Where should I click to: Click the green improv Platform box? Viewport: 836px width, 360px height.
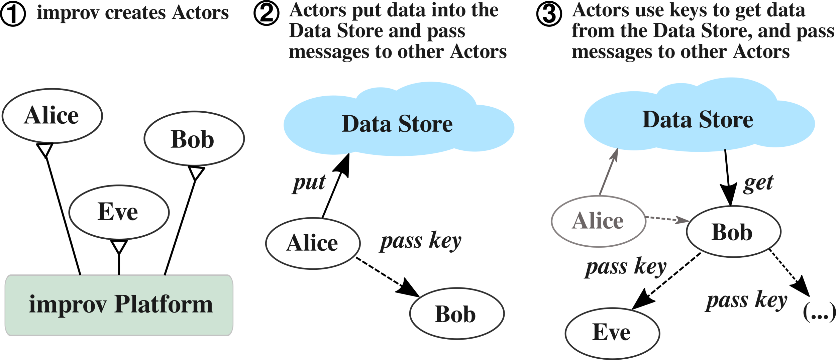tap(119, 305)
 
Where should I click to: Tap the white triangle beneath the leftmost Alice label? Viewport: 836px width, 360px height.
tap(45, 149)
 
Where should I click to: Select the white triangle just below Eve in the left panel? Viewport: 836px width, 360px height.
tap(119, 246)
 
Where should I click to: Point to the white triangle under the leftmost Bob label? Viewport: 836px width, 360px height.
tap(196, 172)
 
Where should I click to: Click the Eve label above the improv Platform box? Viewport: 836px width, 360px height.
tap(118, 212)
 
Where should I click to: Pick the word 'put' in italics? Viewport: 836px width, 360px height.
tap(309, 183)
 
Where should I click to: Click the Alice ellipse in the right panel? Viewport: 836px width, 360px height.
tap(598, 221)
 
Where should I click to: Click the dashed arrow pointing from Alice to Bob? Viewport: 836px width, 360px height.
tap(667, 219)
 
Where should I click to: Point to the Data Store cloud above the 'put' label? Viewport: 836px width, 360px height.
tap(398, 124)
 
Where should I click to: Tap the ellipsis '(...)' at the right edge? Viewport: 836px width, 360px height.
tap(819, 312)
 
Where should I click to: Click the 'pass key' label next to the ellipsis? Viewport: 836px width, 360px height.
tap(746, 301)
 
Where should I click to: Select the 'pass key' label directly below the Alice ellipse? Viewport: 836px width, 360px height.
tap(626, 267)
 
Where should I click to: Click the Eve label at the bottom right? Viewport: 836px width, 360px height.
tap(611, 332)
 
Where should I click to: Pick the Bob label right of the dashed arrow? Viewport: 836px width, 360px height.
tap(732, 232)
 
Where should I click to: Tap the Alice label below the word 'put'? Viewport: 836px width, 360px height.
tap(312, 243)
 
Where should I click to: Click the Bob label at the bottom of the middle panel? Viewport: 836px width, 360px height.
tap(455, 315)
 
